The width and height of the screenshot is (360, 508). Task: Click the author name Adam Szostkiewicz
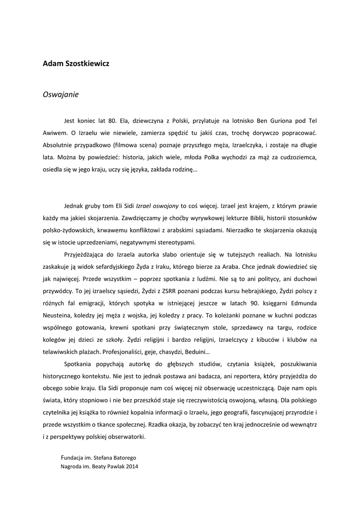76,64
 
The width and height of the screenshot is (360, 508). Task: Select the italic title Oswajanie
61,94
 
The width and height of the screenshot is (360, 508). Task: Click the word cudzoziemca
297,157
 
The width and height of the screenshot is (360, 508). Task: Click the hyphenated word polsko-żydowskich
69,230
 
